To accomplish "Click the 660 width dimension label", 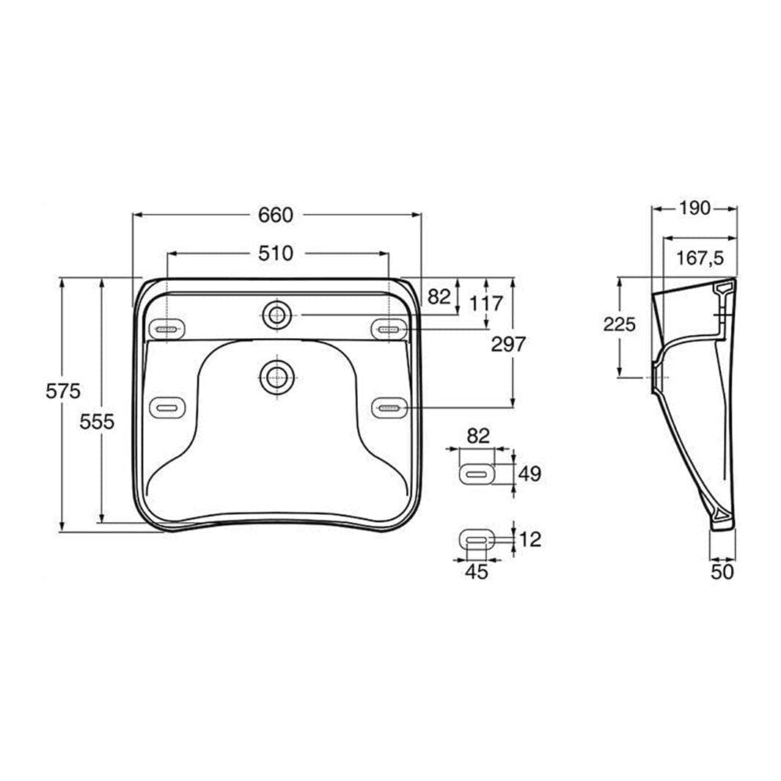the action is pyautogui.click(x=276, y=215).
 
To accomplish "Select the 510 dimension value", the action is pyautogui.click(x=276, y=254).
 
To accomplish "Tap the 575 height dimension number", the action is pyautogui.click(x=63, y=391).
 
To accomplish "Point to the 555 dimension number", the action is pyautogui.click(x=97, y=422).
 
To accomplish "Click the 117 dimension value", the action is pyautogui.click(x=487, y=303).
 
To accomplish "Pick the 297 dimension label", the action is pyautogui.click(x=508, y=344).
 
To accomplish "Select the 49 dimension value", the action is pyautogui.click(x=530, y=473).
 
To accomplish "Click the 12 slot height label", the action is pyautogui.click(x=530, y=539).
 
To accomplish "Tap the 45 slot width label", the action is pyautogui.click(x=477, y=571).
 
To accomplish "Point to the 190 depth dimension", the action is pyautogui.click(x=694, y=208).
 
